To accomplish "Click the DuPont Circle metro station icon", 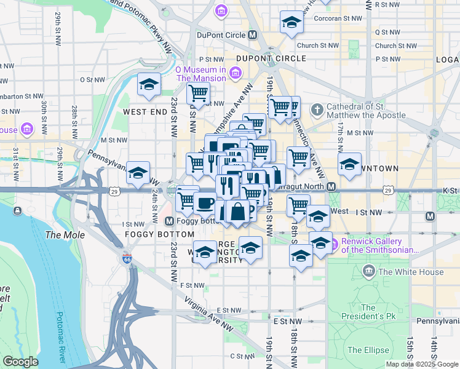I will tap(252, 35).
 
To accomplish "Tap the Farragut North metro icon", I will tap(331, 186).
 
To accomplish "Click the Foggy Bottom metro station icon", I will tap(170, 221).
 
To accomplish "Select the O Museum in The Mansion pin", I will tap(234, 74).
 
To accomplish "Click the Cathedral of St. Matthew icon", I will tap(317, 111).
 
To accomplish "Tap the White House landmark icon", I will tap(369, 271).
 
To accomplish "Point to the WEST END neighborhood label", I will tap(145, 112).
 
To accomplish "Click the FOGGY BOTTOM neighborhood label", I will tap(151, 234).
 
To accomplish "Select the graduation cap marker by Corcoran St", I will tap(291, 23).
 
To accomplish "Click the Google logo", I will tap(21, 362).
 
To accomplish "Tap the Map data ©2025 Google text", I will tap(422, 364).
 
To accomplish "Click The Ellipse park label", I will tap(368, 350).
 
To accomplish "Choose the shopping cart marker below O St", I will tap(199, 94).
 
